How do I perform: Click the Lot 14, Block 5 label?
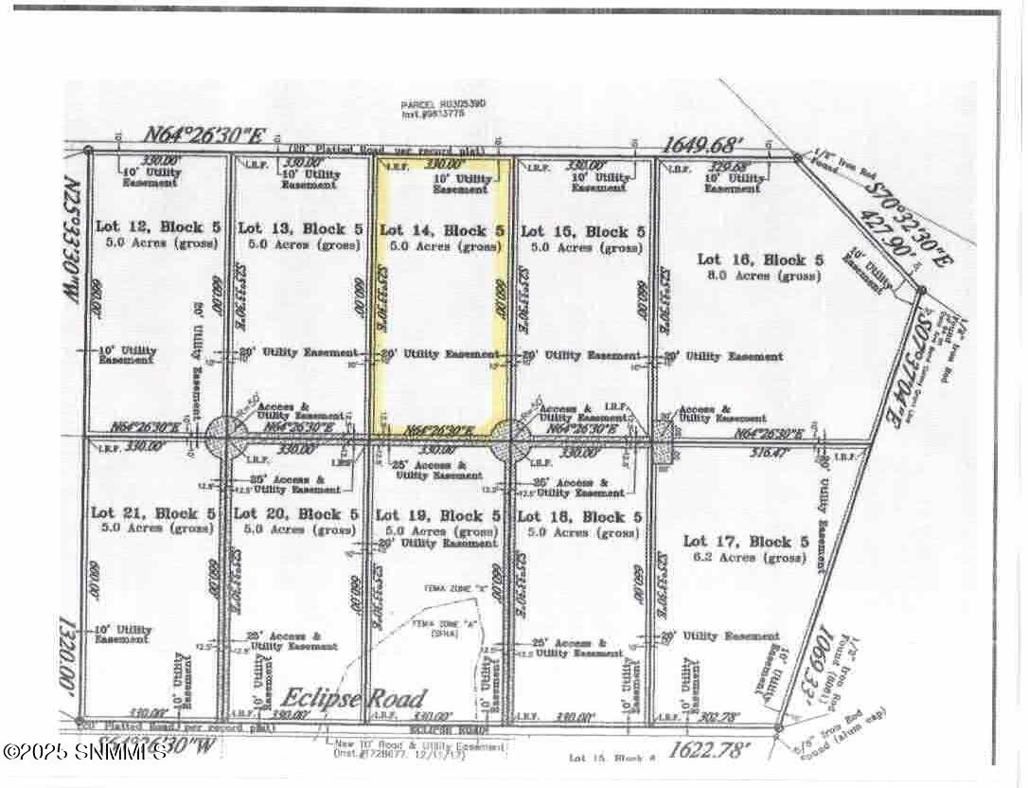coord(440,230)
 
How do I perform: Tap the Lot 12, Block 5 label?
coord(157,227)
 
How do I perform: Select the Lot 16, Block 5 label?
coord(752,260)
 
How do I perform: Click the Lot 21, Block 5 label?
coord(153,513)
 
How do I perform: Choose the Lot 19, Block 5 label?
coord(438,516)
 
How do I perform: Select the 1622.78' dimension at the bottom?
coord(710,752)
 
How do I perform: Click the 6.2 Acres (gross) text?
coord(745,558)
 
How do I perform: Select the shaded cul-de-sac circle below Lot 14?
coord(509,439)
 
